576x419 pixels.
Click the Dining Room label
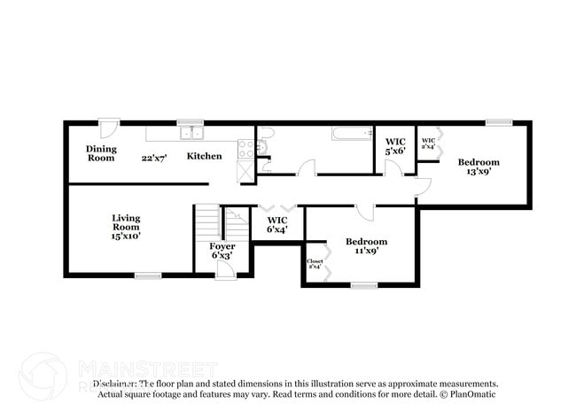(101, 153)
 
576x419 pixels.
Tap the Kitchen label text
(204, 156)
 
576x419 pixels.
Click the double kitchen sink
(191, 134)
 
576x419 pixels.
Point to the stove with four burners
(245, 148)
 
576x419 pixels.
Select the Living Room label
(126, 227)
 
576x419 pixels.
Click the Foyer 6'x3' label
(222, 251)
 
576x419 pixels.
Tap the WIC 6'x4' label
(277, 224)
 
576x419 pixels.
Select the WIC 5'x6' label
(394, 146)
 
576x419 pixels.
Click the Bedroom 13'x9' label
(479, 167)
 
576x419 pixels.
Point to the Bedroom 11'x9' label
(366, 246)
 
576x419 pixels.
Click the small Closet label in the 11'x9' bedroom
(315, 263)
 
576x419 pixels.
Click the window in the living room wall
(148, 276)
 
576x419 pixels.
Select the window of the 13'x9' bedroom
(499, 121)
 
